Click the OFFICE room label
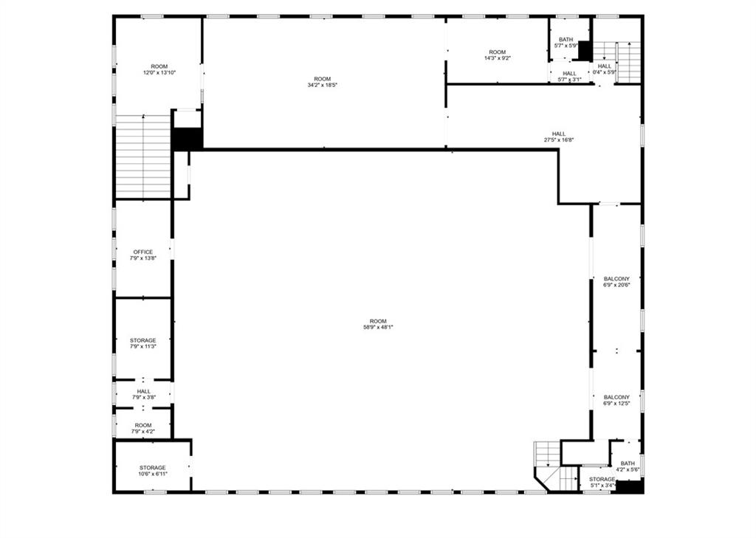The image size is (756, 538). click(x=143, y=255)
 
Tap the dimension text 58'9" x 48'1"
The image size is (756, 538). click(x=379, y=328)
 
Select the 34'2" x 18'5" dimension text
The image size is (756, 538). click(x=323, y=86)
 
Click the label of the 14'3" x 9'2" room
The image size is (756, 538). click(x=498, y=55)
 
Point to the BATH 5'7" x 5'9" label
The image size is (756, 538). click(x=566, y=42)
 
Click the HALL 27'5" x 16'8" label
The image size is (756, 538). click(x=559, y=137)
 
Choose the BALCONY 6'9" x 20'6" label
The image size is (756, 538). click(x=616, y=282)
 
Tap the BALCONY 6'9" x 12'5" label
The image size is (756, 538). click(x=616, y=401)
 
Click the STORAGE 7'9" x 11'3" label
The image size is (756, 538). click(x=142, y=343)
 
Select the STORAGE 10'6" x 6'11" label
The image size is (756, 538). click(x=153, y=471)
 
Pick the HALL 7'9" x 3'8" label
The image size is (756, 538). click(x=144, y=394)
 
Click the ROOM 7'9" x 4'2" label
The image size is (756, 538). click(x=143, y=428)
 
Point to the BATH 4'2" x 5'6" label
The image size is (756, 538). click(x=628, y=466)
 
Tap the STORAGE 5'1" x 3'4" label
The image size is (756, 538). click(x=602, y=482)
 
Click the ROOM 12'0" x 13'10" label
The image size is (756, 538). click(x=159, y=69)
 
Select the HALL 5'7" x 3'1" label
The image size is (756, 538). click(x=569, y=77)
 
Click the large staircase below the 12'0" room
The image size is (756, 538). click(x=143, y=156)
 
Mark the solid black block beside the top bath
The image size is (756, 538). click(x=585, y=51)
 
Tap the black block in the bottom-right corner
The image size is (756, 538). click(x=630, y=486)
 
